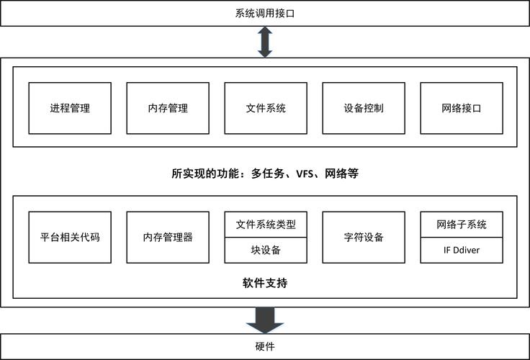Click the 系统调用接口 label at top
tap(265, 14)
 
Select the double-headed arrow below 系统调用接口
tap(265, 42)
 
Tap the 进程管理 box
tap(70, 108)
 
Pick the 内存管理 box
tap(168, 108)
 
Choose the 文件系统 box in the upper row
tap(266, 108)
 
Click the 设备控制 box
tap(364, 108)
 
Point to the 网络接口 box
tap(462, 108)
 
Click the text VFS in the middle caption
tap(305, 174)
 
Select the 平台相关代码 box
tap(70, 238)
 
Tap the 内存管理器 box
tap(168, 238)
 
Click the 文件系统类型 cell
tap(266, 225)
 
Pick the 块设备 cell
tap(266, 250)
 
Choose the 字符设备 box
tap(364, 238)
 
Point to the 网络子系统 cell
tap(462, 225)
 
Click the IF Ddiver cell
tap(462, 250)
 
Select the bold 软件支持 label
tap(265, 283)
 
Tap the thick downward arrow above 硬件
tap(265, 320)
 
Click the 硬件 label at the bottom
tap(265, 346)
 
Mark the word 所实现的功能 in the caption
tap(205, 174)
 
